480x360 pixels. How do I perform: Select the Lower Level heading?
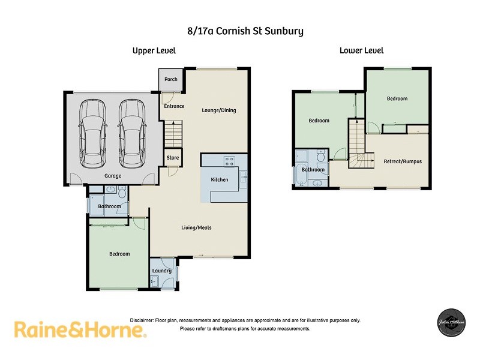(361, 51)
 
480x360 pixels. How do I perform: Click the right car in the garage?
(131, 133)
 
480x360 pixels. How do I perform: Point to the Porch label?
(171, 79)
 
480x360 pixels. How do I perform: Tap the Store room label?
(173, 158)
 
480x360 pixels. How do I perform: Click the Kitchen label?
(220, 180)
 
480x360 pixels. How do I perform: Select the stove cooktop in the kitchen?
(229, 161)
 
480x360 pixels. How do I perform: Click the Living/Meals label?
(196, 227)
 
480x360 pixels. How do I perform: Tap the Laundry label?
(162, 271)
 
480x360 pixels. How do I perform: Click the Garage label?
(113, 176)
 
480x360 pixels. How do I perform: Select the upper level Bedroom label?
(119, 254)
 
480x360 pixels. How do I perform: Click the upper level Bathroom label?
(109, 206)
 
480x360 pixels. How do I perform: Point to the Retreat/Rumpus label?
(403, 161)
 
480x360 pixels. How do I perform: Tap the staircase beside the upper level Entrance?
(173, 131)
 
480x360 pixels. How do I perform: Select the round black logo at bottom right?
(451, 322)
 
